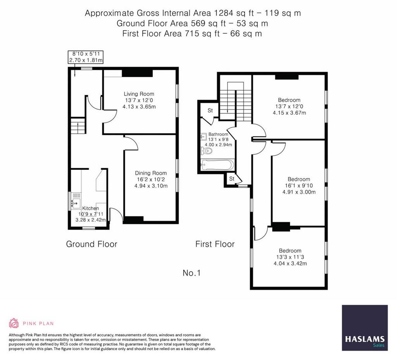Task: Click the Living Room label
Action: click(139, 94)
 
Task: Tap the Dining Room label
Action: click(151, 173)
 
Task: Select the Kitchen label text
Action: click(90, 208)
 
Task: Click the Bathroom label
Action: click(218, 134)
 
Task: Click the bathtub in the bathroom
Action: click(217, 165)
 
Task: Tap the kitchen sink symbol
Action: click(76, 203)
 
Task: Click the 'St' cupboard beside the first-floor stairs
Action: click(210, 110)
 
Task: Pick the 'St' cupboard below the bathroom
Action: click(232, 179)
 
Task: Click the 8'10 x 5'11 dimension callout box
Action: click(86, 57)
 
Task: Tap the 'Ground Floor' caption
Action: click(91, 244)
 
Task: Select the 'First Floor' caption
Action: click(215, 244)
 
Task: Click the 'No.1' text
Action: click(192, 273)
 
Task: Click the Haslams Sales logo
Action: click(365, 327)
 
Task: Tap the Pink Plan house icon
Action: click(14, 323)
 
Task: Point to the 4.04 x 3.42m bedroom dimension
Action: click(290, 264)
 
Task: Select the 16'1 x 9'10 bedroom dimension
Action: click(299, 186)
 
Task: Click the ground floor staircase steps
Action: click(78, 126)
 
